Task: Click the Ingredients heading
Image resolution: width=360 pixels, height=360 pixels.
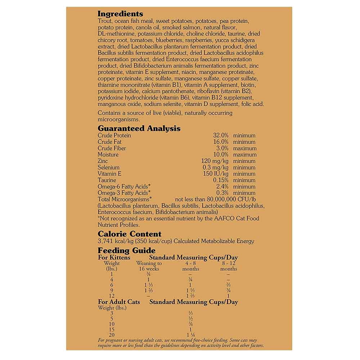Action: point(120,14)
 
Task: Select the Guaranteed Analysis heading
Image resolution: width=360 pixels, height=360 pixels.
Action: point(139,129)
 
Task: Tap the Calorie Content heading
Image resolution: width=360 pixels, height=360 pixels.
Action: point(130,234)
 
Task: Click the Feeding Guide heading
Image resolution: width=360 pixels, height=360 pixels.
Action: point(127,251)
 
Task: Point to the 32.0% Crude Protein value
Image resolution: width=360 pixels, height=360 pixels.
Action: point(221,136)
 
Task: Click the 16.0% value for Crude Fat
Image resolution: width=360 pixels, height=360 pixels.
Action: point(221,142)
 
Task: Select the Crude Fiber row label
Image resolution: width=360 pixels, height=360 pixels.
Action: point(112,148)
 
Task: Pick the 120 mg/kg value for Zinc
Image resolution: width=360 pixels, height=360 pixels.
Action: point(215,161)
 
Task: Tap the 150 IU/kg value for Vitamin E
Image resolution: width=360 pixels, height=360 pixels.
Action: point(215,174)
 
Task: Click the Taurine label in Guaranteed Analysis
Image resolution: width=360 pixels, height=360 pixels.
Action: point(107,180)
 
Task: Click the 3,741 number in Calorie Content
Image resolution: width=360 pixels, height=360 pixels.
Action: point(105,241)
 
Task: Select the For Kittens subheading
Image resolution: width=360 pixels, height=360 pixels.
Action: point(114,258)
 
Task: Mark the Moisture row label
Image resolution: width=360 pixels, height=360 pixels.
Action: point(108,155)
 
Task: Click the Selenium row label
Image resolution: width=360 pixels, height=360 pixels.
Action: point(108,167)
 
